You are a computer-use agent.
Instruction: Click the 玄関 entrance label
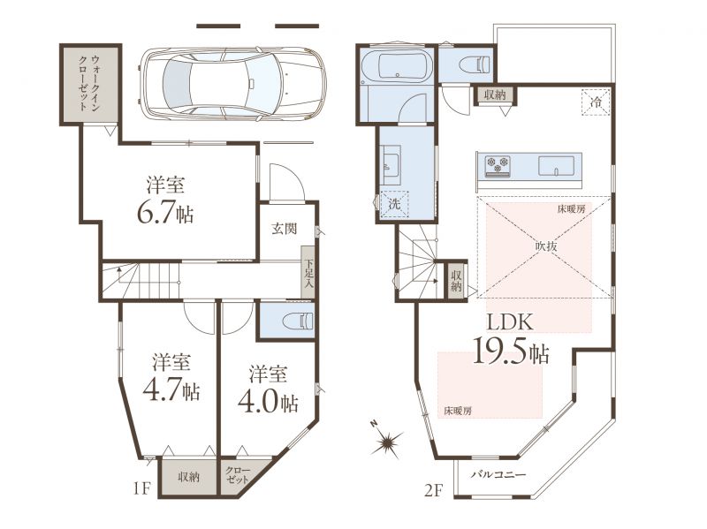(x=285, y=229)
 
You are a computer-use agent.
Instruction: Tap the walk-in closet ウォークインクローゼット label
(x=89, y=83)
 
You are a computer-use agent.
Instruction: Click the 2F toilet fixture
(x=475, y=64)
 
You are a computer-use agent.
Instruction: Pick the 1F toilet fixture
(x=298, y=321)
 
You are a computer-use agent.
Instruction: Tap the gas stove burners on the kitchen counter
(x=498, y=164)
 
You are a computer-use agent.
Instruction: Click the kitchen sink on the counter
(x=557, y=165)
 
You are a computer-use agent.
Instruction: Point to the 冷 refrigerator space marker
(x=596, y=102)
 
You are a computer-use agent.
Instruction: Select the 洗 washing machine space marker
(x=394, y=204)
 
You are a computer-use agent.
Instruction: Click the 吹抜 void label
(x=546, y=246)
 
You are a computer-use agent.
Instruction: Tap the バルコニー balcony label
(x=498, y=474)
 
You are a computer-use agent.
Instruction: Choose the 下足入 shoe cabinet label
(x=308, y=273)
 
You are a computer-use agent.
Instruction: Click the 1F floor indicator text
(x=141, y=488)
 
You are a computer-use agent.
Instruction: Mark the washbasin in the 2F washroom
(x=391, y=165)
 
